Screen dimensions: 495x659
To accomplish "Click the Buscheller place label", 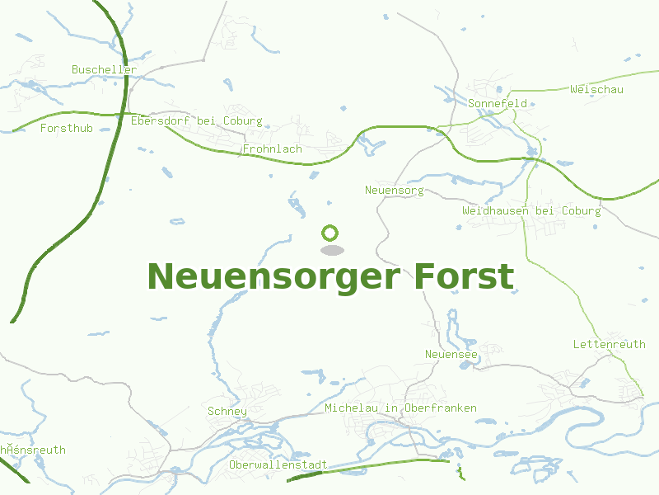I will (104, 70).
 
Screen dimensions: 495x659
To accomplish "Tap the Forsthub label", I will (66, 129).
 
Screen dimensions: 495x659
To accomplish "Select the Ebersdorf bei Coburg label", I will (196, 121).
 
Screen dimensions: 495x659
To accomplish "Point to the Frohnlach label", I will (272, 149).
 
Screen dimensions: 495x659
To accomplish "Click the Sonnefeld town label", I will (497, 104).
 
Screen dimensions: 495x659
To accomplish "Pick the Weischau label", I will (596, 89).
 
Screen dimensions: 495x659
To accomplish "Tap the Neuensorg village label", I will (394, 191).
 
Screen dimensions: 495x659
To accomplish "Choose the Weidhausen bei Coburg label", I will (531, 211).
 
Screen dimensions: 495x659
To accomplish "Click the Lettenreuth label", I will (609, 344).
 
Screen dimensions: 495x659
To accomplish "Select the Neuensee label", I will (451, 355).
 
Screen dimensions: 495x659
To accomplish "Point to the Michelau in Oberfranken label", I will (400, 408).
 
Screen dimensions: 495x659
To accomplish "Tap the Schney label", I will (227, 412).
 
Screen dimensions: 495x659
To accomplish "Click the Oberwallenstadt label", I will (278, 465).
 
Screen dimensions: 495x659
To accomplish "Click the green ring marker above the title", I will (330, 233).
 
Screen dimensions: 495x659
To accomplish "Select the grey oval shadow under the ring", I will (331, 250).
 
